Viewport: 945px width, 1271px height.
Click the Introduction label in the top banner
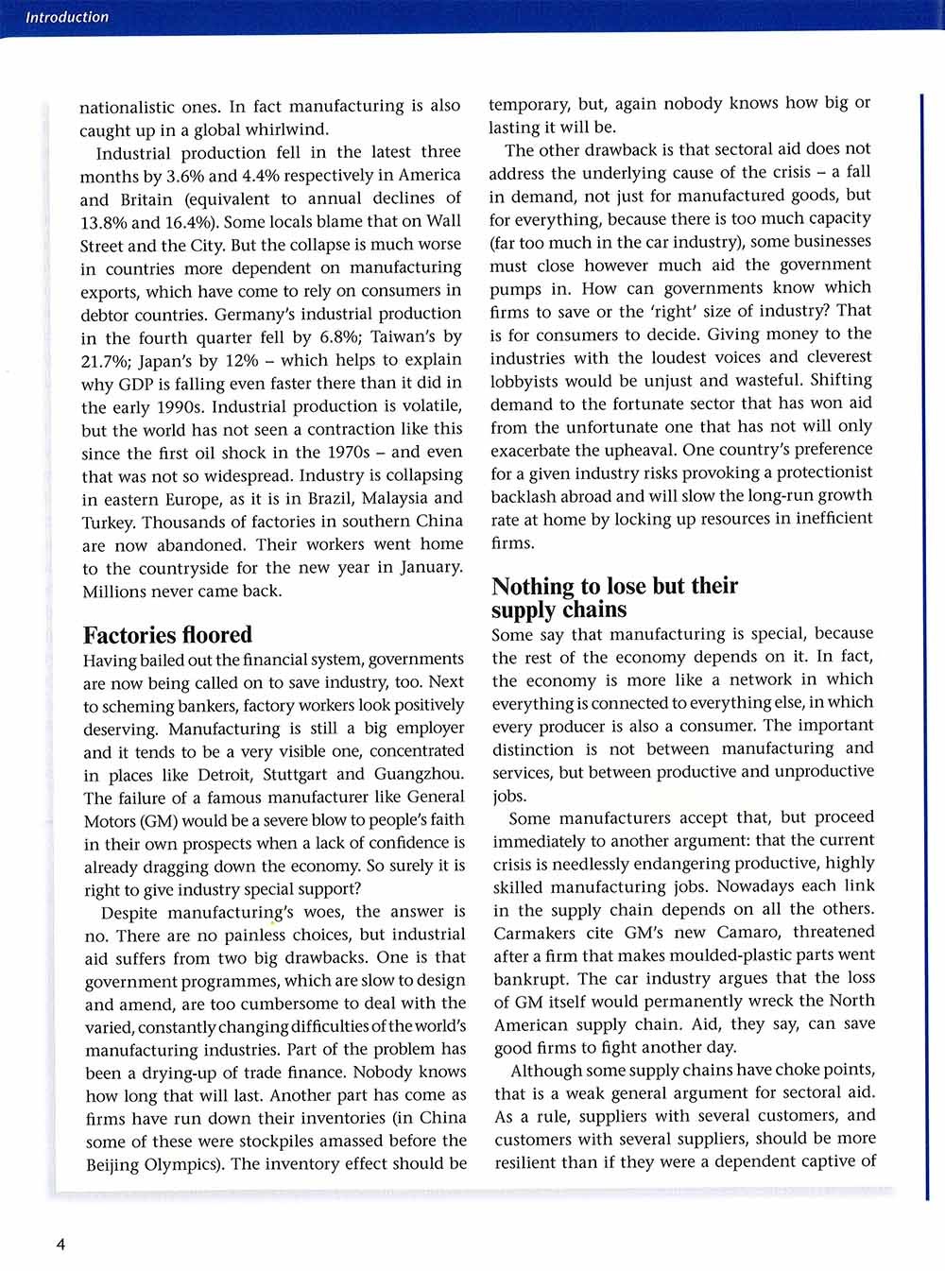tap(66, 17)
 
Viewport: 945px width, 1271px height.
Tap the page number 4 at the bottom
tap(61, 1245)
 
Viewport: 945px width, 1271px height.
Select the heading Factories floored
tap(167, 635)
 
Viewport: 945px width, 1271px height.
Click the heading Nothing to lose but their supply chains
tap(614, 598)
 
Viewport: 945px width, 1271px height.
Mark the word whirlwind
tap(285, 129)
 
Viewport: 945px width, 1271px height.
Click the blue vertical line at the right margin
tap(921, 378)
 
